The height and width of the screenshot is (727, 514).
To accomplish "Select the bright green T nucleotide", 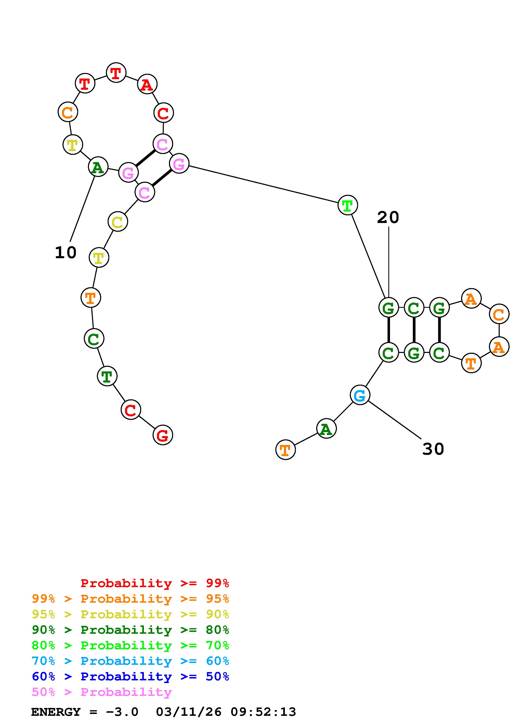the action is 348,205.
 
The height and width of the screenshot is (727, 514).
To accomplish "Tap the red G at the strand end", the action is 163,435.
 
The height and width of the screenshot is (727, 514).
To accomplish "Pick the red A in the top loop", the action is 147,85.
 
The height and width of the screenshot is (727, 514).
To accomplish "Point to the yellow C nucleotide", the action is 118,222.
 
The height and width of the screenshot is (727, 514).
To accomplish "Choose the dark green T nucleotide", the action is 107,376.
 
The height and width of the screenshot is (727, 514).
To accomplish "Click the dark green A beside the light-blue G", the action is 326,429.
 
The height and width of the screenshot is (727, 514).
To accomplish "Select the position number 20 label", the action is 388,218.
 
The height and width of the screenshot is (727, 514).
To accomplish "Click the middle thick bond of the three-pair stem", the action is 414,330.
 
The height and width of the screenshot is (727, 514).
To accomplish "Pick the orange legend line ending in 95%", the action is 130,599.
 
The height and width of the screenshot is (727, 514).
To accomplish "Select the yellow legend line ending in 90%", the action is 130,614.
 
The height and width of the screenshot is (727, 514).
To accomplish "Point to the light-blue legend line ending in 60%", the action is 130,661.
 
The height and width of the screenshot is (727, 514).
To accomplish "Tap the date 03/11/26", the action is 189,712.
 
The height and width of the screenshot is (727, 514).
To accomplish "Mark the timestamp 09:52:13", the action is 263,712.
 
